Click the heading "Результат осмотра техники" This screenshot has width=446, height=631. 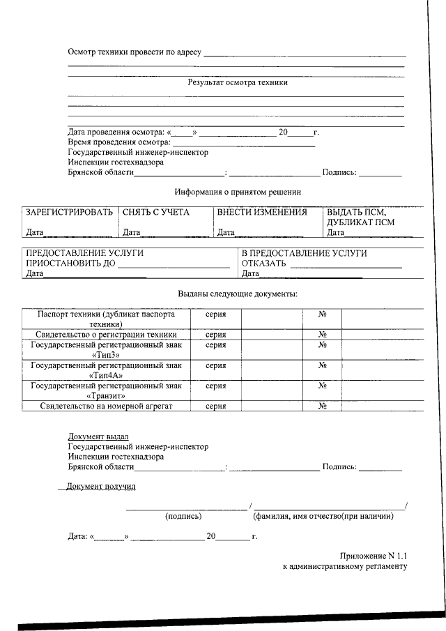pos(238,82)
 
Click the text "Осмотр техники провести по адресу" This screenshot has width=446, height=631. pos(134,52)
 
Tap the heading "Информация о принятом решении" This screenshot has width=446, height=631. pos(238,192)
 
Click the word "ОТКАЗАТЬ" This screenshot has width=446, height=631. pos(264,264)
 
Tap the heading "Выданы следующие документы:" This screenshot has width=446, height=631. pos(238,294)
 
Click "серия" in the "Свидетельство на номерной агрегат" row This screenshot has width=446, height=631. pos(215,406)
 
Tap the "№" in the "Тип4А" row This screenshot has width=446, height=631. pos(323,365)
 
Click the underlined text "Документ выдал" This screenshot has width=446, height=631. pos(98,436)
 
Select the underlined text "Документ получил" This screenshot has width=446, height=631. pos(101,486)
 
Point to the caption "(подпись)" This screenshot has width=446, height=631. pos(183,517)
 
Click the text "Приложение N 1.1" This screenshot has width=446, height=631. pos(372,556)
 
